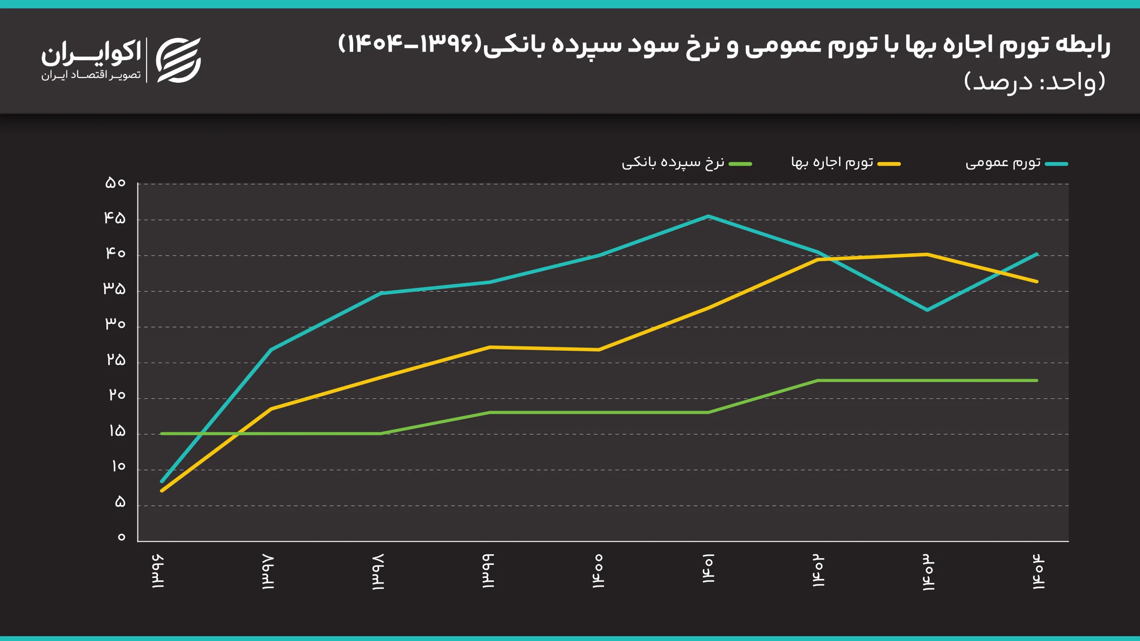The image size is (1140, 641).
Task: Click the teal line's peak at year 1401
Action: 708,216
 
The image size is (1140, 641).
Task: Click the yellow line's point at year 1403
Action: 927,255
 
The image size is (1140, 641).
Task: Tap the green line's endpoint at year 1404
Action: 1037,381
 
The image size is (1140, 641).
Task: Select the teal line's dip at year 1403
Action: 927,310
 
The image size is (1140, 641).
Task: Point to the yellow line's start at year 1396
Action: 162,491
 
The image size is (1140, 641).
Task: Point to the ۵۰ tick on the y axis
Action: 115,183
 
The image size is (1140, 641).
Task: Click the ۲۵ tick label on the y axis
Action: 116,360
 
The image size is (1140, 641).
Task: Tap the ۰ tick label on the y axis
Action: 121,537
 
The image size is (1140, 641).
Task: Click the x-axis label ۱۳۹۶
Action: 158,572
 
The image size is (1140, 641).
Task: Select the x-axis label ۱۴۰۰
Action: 598,572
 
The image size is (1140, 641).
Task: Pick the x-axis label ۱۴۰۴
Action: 1038,572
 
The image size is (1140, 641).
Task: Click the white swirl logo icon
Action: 179,60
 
